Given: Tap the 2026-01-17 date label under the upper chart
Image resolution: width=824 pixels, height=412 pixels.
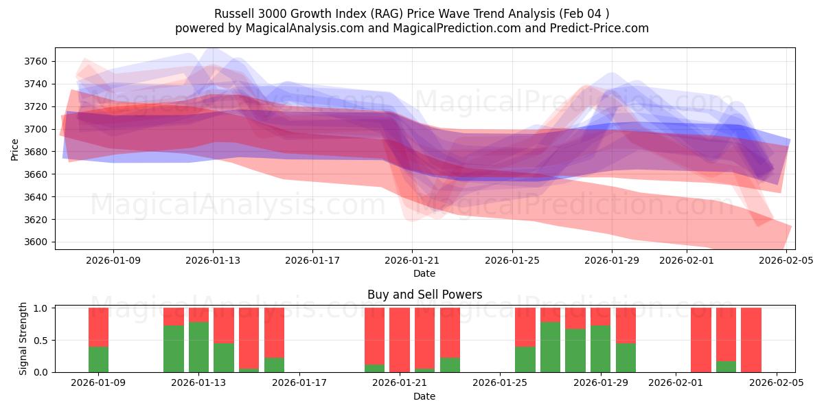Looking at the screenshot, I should point(312,260).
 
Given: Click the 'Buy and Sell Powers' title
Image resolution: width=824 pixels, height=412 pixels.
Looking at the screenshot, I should point(424,295).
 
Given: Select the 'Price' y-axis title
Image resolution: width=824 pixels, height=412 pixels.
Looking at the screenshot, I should point(15,148).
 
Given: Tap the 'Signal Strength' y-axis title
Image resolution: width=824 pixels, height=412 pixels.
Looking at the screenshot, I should point(23,339).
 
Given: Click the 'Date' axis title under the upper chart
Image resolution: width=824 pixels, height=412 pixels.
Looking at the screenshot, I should point(424,273).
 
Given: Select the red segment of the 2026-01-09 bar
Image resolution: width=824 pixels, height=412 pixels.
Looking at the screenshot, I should point(98,327).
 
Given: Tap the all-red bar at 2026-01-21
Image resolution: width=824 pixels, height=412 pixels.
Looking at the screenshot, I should point(399,340).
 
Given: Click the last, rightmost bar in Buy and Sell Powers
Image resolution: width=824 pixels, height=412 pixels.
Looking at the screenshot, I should point(751,340).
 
